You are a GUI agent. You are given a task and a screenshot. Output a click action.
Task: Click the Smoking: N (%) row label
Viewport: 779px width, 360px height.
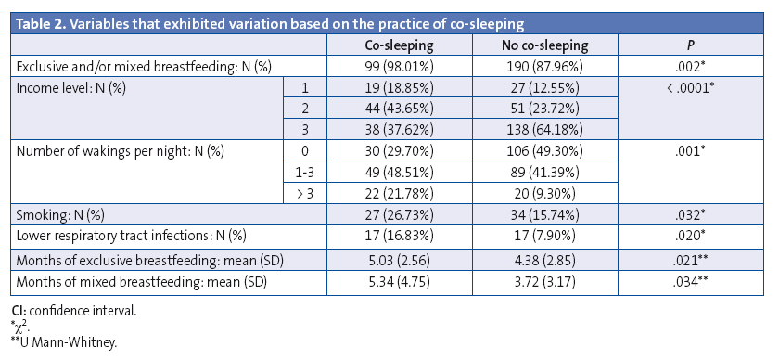56,214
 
